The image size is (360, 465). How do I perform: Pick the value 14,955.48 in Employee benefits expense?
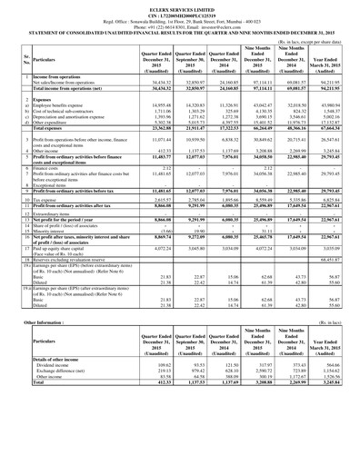[143, 104]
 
